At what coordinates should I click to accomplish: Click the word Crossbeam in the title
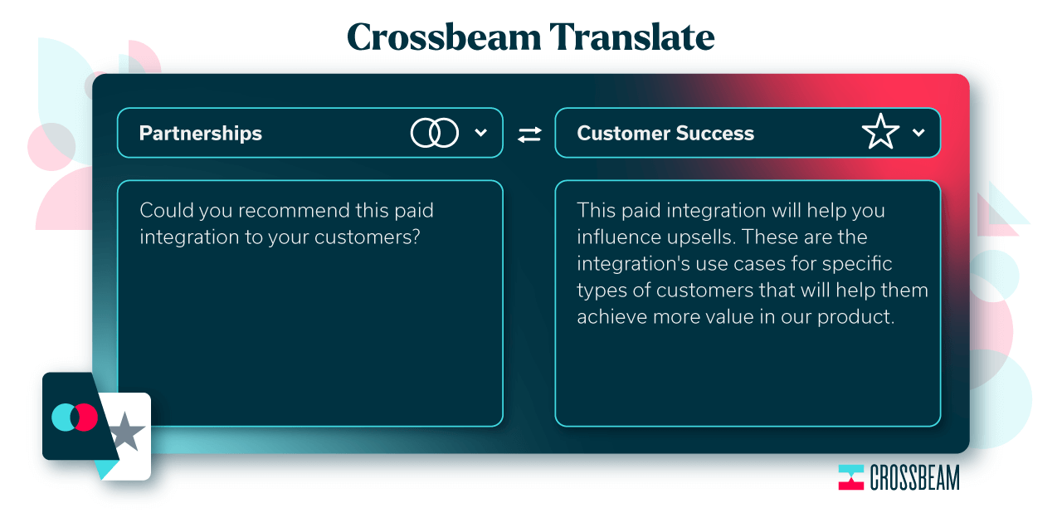pos(444,37)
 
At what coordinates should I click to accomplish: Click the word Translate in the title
pos(632,37)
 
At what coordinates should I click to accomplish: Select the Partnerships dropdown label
pos(201,133)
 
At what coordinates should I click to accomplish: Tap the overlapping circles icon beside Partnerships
pos(434,133)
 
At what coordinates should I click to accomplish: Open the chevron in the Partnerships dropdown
pos(480,133)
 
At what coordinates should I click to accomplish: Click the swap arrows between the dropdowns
pos(529,134)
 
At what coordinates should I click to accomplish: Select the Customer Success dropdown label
pos(665,133)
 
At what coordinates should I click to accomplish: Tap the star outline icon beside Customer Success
pos(880,131)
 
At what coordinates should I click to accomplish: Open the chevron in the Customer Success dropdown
pos(918,133)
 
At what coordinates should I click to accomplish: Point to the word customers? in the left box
pos(368,237)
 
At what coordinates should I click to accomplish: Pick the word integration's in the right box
pos(633,264)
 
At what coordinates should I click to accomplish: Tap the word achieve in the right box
pos(611,317)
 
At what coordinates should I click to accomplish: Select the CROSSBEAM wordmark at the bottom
pos(914,478)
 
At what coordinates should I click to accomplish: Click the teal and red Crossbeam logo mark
pos(850,477)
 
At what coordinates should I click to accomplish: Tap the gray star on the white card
pos(125,432)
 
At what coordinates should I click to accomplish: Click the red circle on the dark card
pos(85,418)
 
